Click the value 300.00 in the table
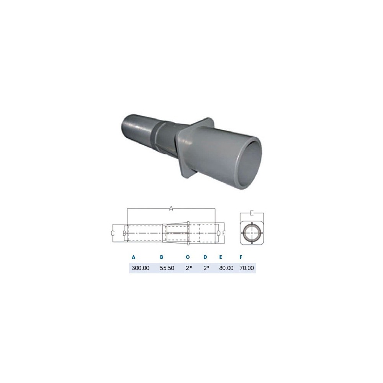pos(141,268)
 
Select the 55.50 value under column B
pos(167,268)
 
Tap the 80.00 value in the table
pos(226,268)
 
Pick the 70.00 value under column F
pos(247,268)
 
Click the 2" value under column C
pos(189,268)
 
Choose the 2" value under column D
pos(206,268)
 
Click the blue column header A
pos(133,257)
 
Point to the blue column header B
pos(162,257)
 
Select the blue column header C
pos(188,257)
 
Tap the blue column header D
pos(205,257)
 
